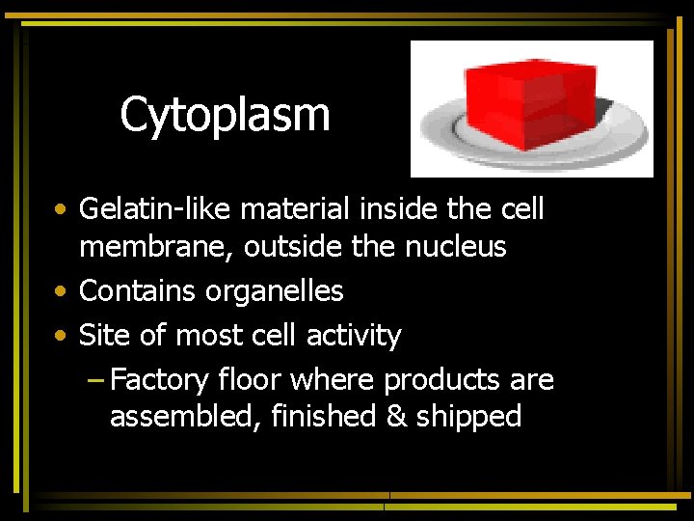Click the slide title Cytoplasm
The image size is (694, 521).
tap(225, 115)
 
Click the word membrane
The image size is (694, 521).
tap(157, 247)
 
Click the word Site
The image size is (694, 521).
tap(101, 335)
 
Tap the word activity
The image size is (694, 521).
tap(354, 336)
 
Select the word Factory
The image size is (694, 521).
tap(159, 380)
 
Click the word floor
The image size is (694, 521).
tap(249, 379)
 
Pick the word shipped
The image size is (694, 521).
tap(468, 417)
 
